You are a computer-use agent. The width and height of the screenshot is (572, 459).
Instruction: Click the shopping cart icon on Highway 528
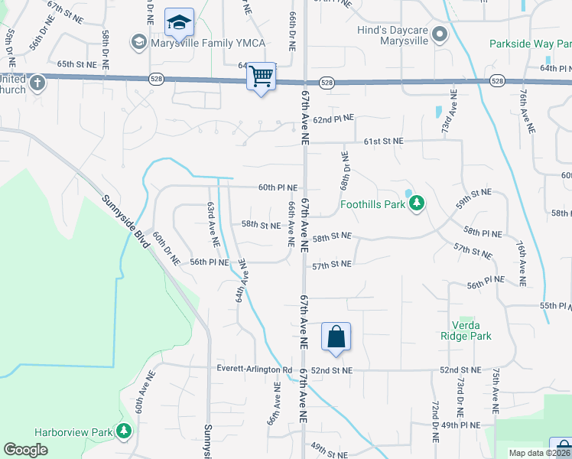click(262, 76)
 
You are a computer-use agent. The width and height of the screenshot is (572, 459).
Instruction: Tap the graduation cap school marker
click(179, 24)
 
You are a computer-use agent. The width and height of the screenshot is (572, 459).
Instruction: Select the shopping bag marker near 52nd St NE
click(336, 337)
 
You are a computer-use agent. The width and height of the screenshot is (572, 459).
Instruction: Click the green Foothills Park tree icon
click(416, 203)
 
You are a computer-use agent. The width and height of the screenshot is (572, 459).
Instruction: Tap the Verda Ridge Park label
click(466, 330)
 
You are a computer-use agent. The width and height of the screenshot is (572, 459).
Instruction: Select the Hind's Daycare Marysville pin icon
click(439, 35)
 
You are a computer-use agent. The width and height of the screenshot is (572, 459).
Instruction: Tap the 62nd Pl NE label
click(333, 119)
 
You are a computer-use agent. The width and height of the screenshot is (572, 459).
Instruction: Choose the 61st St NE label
click(382, 142)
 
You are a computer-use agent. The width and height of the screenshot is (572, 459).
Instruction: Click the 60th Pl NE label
click(278, 187)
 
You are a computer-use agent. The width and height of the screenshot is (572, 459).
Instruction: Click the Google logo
click(25, 450)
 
